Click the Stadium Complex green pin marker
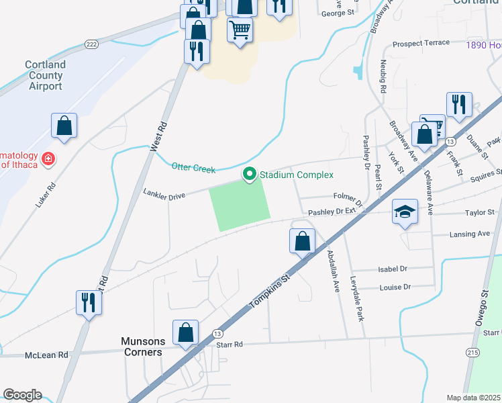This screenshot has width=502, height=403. point(250,175)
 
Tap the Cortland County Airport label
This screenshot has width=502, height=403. point(46,75)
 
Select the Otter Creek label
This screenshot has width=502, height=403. point(193,168)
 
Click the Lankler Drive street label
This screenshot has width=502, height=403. point(163,194)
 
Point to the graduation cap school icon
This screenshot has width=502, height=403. point(405,213)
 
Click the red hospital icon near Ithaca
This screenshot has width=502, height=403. point(48,159)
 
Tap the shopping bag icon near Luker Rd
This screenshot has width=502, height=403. point(64,126)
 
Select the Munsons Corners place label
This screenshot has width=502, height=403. point(142,347)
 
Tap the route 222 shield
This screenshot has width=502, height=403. point(92,44)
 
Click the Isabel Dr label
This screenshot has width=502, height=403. point(393,269)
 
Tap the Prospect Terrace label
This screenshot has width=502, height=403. point(421,43)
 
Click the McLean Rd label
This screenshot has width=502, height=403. point(46,355)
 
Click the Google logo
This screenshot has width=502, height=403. point(22,395)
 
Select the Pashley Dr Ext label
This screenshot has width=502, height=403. point(332,212)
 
